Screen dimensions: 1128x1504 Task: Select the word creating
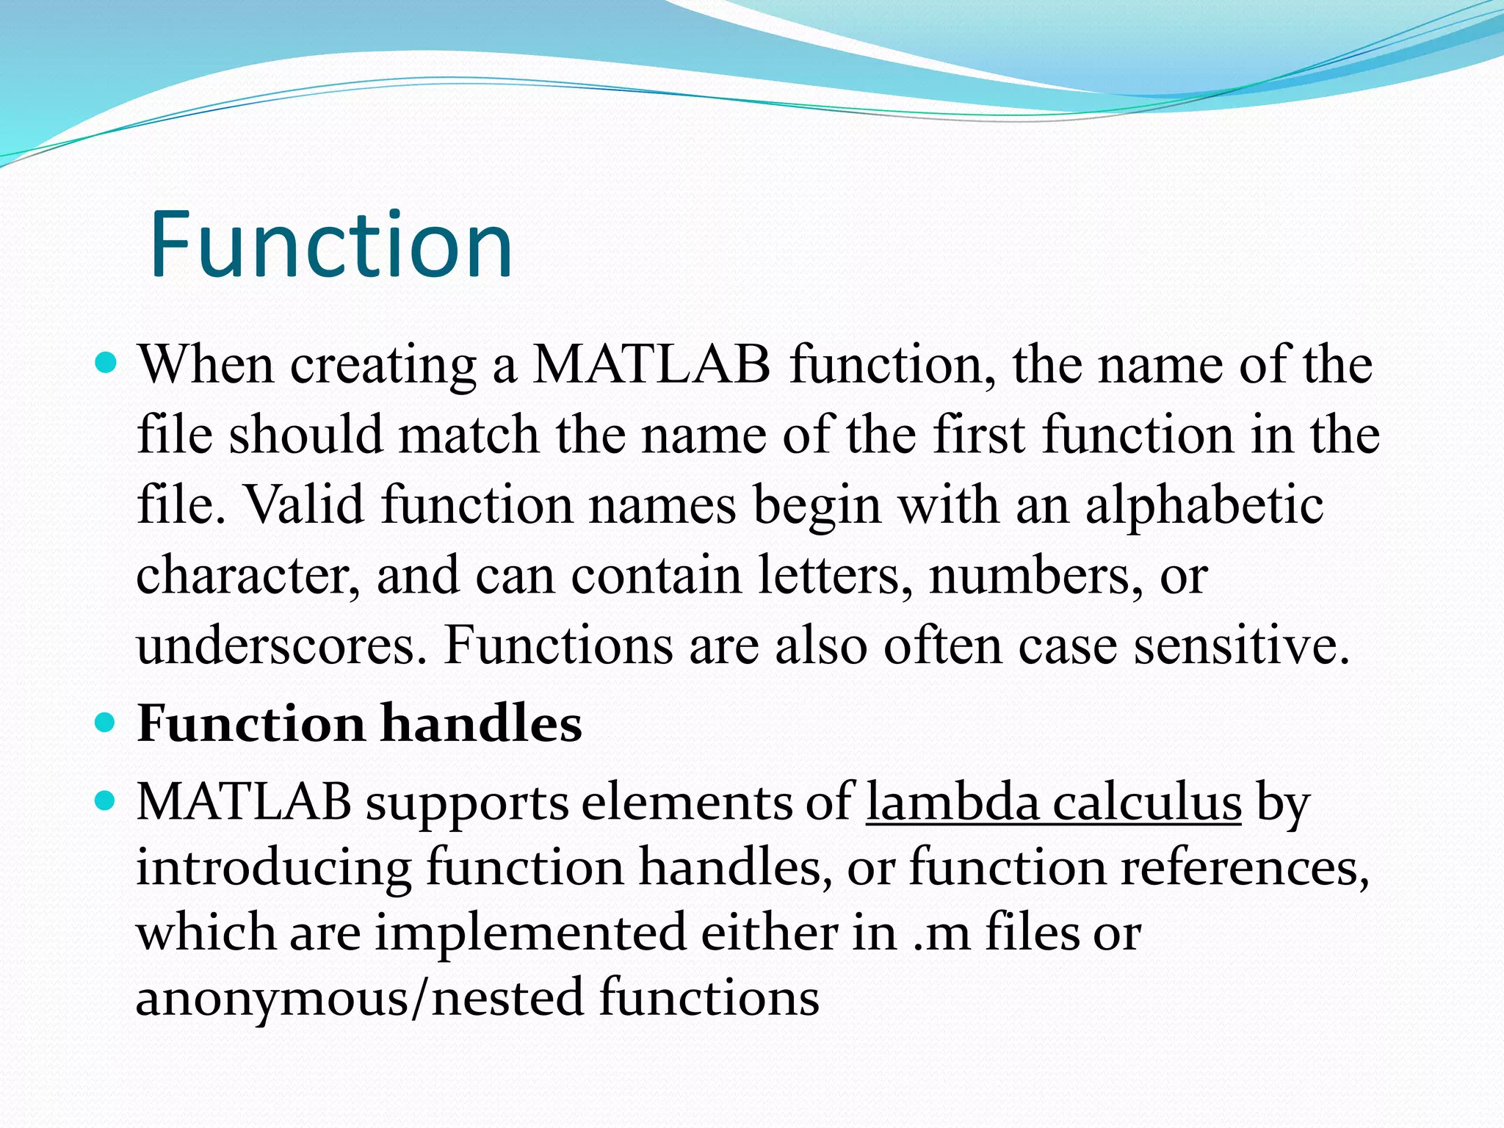383,365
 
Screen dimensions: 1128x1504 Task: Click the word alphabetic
1204,506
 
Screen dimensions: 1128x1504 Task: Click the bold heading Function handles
359,723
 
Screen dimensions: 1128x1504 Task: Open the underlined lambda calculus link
1053,802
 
